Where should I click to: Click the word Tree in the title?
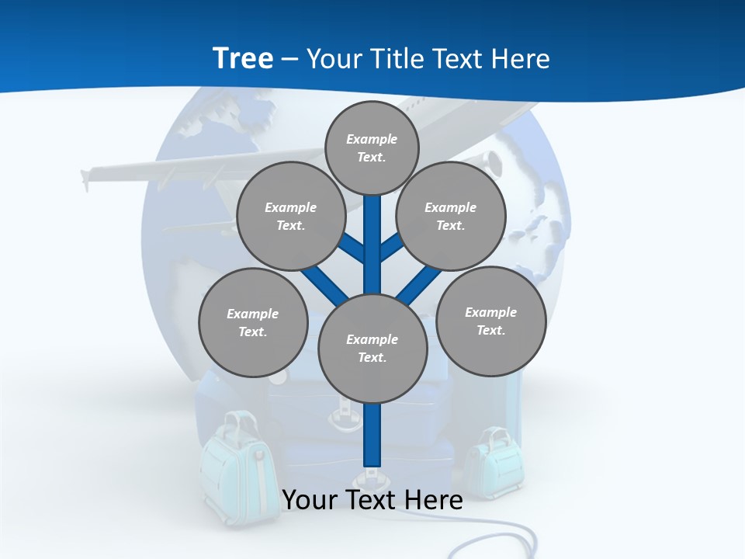click(x=243, y=58)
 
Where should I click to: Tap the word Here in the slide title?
click(x=519, y=58)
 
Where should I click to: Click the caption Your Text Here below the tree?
click(x=372, y=499)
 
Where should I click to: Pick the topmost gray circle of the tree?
click(x=372, y=148)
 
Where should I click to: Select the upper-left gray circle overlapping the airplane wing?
click(x=291, y=216)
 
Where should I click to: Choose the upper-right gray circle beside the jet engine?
click(x=451, y=216)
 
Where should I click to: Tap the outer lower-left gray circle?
click(x=253, y=322)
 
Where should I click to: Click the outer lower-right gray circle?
click(x=490, y=321)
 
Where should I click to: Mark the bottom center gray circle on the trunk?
click(x=372, y=349)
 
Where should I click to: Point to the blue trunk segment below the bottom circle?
click(x=372, y=435)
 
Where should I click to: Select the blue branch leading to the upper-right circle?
click(x=391, y=248)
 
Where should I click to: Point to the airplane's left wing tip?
click(x=85, y=177)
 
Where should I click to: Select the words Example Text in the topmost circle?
click(x=372, y=148)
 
